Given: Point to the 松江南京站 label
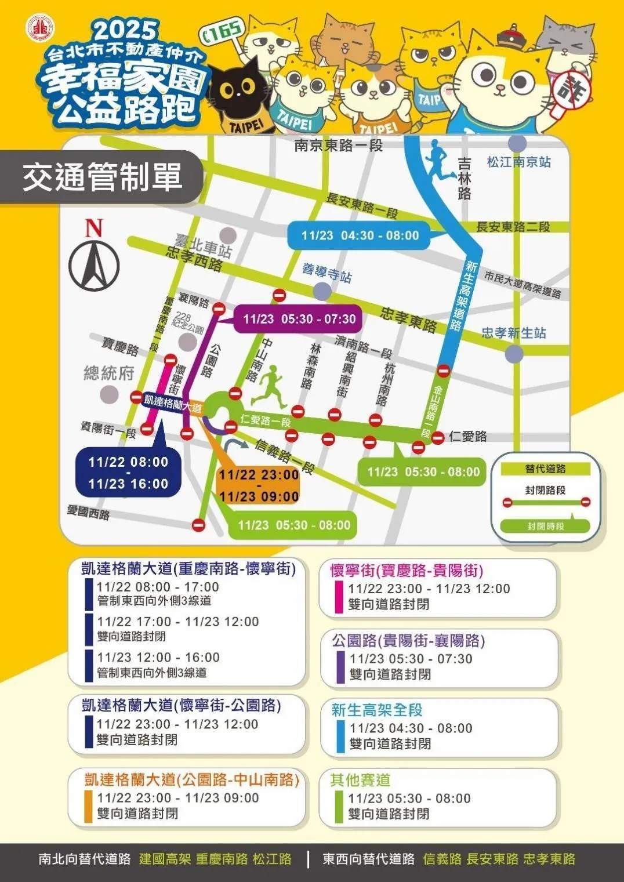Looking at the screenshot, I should click(x=518, y=162).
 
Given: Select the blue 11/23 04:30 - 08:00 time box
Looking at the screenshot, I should click(x=360, y=235).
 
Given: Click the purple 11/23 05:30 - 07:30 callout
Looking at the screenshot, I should click(x=299, y=319).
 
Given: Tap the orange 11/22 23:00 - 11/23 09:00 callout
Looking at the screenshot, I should click(x=259, y=485).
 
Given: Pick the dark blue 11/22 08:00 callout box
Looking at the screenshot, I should click(x=128, y=473).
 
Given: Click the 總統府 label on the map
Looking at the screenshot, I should click(x=109, y=373).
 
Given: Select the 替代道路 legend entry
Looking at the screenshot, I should click(x=545, y=469).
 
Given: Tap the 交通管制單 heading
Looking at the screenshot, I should click(x=102, y=177).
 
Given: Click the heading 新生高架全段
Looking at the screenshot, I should click(x=377, y=710).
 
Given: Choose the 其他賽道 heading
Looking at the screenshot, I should click(x=360, y=780).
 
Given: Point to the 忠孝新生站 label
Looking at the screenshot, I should click(x=514, y=333).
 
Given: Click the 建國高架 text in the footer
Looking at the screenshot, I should click(x=165, y=859).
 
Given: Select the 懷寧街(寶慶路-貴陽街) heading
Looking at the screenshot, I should click(x=407, y=570).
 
